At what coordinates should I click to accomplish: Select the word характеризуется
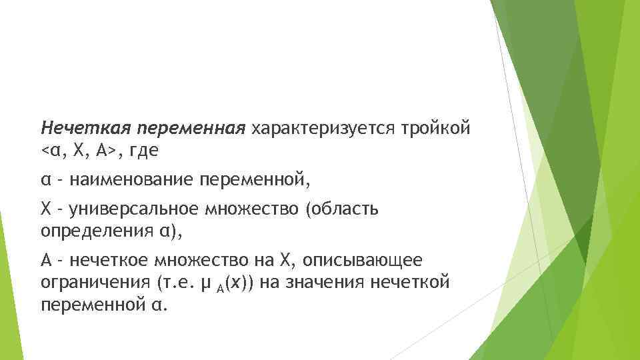tap(325, 127)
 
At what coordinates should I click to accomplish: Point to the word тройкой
tap(439, 127)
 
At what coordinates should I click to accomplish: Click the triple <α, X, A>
tap(80, 151)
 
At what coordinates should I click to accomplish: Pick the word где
tap(144, 151)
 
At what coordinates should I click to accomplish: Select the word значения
tap(324, 283)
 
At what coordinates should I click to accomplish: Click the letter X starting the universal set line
tap(45, 209)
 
